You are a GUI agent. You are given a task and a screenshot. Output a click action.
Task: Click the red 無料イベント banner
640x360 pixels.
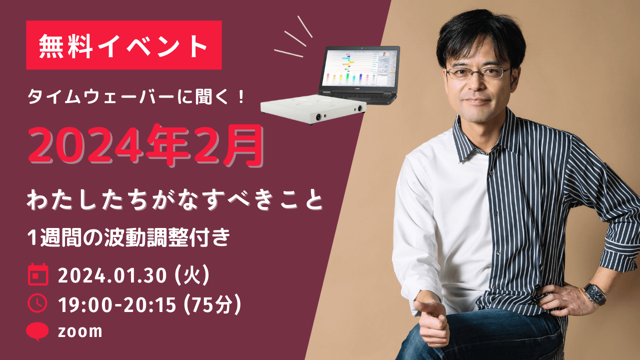[123, 45]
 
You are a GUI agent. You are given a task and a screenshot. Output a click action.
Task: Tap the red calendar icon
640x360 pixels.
[38, 274]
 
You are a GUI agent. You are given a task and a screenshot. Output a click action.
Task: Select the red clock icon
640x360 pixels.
[37, 303]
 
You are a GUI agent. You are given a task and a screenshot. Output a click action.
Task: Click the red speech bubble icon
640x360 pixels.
[37, 331]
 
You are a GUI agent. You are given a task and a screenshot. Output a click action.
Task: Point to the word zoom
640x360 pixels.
[80, 331]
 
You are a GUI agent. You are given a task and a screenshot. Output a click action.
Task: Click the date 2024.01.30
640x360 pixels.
[112, 275]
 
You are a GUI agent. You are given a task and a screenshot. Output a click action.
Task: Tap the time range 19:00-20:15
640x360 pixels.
[117, 304]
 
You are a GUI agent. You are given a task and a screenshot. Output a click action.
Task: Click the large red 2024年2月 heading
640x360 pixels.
[145, 145]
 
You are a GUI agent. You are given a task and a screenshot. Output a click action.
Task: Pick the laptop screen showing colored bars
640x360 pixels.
[359, 68]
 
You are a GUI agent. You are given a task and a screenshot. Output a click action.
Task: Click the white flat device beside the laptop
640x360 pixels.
[313, 109]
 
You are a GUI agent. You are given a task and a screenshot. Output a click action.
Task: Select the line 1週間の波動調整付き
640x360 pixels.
[128, 237]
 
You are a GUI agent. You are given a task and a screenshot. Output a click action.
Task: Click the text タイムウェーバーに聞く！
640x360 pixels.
[136, 96]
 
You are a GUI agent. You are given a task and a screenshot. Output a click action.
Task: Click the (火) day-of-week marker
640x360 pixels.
[192, 275]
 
